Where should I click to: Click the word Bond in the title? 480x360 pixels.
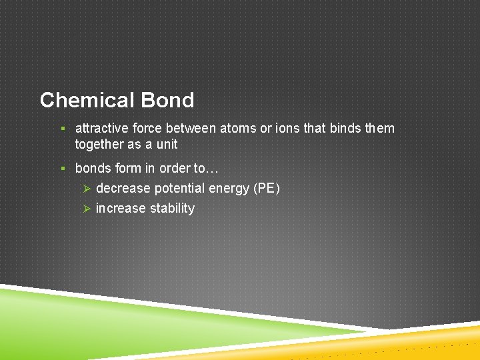(167, 100)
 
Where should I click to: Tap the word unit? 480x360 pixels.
(167, 144)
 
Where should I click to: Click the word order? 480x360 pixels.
(175, 168)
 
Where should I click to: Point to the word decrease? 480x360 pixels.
(123, 189)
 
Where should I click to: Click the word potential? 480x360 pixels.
(181, 189)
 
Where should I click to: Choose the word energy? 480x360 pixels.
(231, 189)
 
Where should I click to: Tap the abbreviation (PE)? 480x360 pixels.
(267, 189)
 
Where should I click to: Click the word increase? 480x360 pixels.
(121, 209)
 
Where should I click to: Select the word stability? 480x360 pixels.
(172, 209)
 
